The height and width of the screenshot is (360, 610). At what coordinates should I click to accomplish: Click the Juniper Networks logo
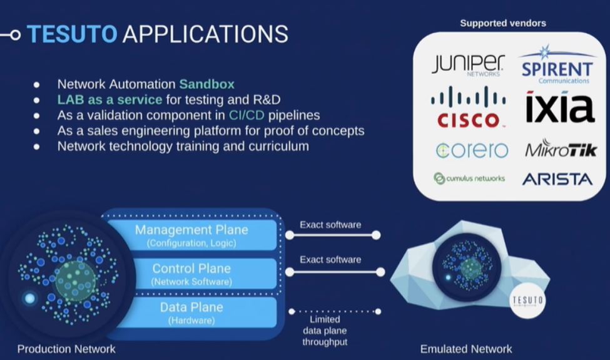(x=467, y=65)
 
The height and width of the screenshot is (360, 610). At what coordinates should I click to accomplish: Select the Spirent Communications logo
(x=556, y=66)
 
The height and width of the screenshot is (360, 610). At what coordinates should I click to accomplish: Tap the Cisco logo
(x=468, y=107)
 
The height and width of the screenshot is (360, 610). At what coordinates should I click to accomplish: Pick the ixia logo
(x=559, y=107)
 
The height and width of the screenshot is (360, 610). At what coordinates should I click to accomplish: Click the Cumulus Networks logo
(x=469, y=178)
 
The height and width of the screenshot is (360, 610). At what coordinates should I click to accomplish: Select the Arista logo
(x=557, y=179)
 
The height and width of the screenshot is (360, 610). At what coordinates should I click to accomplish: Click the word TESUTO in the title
(x=72, y=34)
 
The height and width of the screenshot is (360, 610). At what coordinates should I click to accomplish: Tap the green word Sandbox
(x=206, y=84)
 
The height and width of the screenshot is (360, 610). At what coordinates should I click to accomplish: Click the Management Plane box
(x=191, y=235)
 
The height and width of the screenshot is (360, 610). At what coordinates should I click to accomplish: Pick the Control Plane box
(x=191, y=274)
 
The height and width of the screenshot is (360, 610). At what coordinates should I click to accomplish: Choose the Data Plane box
(x=191, y=312)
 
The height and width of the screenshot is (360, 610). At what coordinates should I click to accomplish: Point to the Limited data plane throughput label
(x=324, y=331)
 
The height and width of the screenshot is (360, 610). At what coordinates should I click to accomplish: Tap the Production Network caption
(x=66, y=349)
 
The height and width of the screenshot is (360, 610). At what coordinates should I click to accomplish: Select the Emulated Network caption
(x=466, y=349)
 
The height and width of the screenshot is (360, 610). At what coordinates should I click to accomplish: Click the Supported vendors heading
(x=503, y=23)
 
